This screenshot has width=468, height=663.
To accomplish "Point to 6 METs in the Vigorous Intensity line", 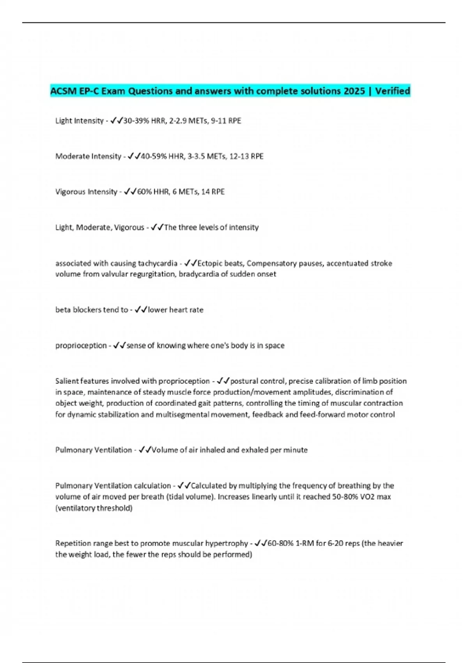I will click(185, 192).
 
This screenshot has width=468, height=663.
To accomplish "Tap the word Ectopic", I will click(210, 263).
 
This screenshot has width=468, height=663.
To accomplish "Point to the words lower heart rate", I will click(175, 310).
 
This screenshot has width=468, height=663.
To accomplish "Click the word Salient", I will click(67, 381).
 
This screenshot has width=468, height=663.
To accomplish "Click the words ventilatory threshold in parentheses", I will click(94, 508).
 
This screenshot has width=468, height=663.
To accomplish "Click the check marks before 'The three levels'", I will click(157, 227).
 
